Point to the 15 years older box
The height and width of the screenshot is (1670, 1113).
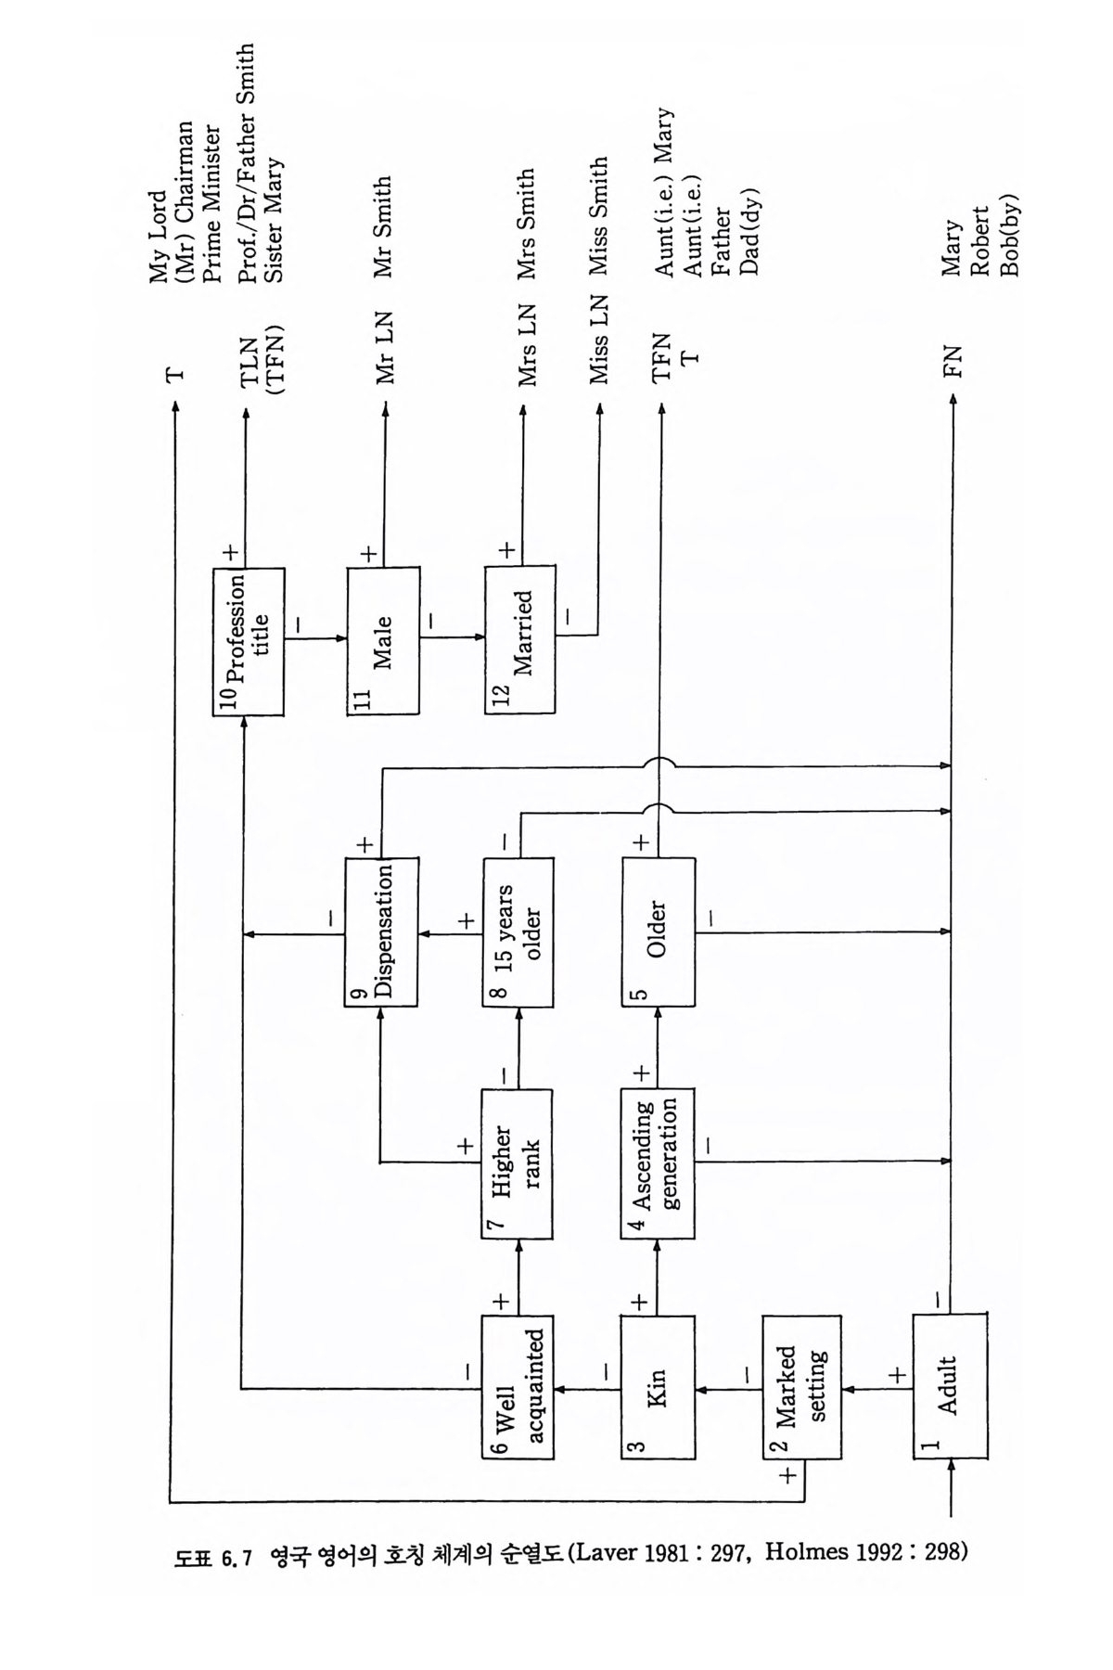click(519, 931)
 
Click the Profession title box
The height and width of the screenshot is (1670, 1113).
click(247, 641)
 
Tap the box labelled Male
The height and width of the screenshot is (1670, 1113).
click(382, 641)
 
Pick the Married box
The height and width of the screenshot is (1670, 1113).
click(519, 641)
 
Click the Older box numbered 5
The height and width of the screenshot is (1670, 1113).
click(658, 931)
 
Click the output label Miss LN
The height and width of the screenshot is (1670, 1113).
click(599, 340)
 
